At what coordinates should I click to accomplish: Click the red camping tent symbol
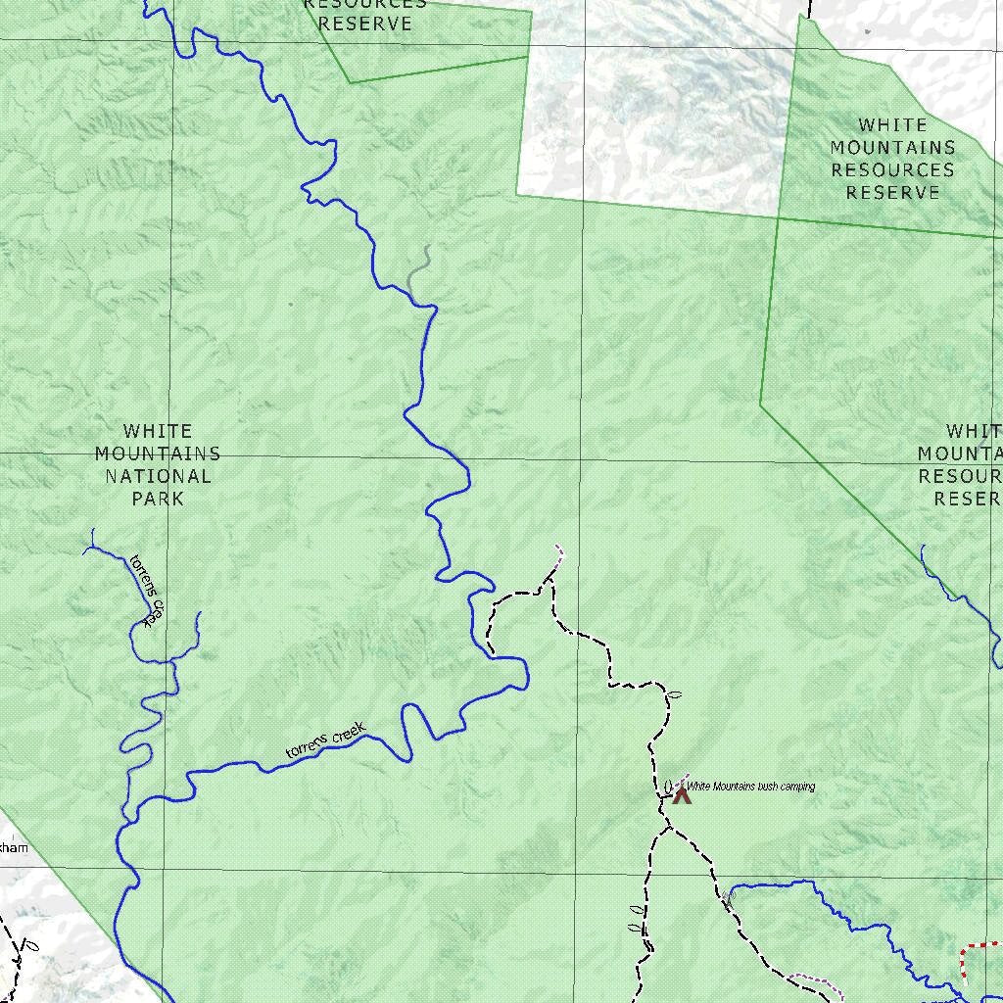click(682, 794)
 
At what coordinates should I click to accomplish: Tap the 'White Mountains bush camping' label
click(750, 787)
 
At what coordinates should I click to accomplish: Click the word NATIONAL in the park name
click(159, 476)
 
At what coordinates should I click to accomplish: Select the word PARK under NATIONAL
click(159, 499)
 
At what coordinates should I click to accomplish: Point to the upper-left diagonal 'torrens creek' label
click(143, 591)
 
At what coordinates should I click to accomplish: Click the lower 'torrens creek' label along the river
click(325, 740)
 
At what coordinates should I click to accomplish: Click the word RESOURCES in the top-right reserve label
click(892, 169)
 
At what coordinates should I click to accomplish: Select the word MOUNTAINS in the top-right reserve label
click(892, 147)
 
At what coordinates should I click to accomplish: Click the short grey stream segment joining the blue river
click(418, 269)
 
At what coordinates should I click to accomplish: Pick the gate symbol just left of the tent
click(668, 786)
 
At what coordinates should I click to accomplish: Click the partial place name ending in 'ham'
click(14, 847)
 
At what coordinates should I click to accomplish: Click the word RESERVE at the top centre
click(365, 24)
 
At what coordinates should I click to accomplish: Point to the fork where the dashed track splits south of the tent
click(670, 829)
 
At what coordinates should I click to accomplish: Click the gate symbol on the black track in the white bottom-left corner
click(30, 947)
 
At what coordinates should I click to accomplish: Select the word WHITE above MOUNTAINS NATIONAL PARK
click(158, 431)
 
